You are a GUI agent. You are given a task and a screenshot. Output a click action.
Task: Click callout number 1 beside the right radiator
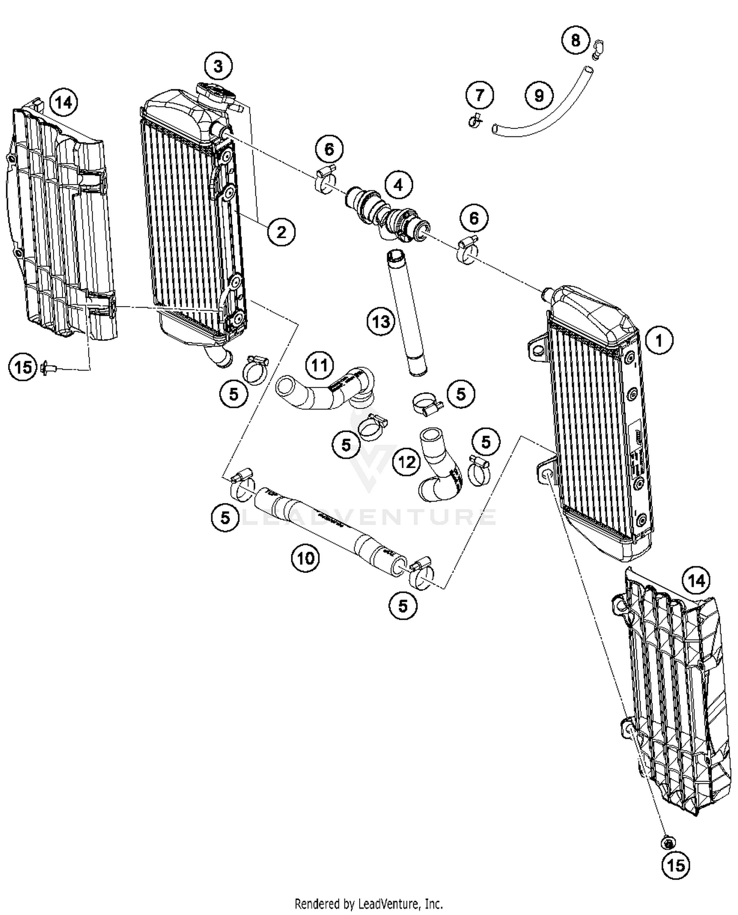coord(658,340)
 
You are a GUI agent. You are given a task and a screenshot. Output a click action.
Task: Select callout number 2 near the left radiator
coord(281,231)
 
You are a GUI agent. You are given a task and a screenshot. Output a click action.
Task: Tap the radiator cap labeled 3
coord(215,94)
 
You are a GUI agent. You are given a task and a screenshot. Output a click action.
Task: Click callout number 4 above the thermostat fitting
coord(398,185)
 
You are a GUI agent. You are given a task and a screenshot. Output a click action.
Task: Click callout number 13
coord(381,322)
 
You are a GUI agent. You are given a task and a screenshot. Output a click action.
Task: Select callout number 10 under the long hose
coord(305,558)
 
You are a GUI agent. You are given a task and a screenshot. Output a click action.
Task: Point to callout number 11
coord(319,366)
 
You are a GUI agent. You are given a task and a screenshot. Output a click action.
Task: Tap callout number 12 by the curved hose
coord(406,462)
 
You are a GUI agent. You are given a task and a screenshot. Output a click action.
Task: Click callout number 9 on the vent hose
coord(539,95)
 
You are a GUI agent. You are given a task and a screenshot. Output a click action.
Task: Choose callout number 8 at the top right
coord(576,40)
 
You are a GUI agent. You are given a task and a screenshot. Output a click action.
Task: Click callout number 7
coord(479,95)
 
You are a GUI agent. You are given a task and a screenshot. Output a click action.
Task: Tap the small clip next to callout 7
coord(475,120)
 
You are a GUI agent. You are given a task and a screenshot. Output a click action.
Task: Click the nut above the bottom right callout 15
coord(668,843)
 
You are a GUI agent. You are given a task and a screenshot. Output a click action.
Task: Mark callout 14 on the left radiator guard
coord(63,103)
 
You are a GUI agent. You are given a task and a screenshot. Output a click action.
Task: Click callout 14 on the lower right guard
coord(696,581)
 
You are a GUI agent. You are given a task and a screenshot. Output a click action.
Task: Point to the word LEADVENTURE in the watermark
coord(369,517)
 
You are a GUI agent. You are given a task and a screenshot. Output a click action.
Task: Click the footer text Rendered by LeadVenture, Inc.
coord(369,904)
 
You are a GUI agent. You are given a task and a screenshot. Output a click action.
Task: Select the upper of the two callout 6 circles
coord(329,149)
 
